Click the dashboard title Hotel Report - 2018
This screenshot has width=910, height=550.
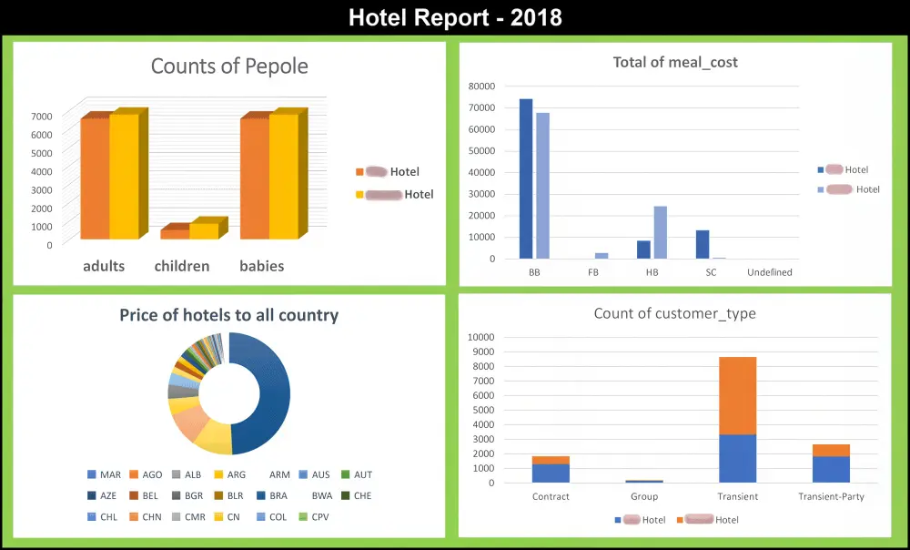[455, 16]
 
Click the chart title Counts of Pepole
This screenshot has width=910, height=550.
[229, 66]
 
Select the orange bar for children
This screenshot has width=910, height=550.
[174, 234]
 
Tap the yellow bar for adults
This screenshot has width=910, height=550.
[124, 178]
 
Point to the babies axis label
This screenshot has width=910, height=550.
[262, 267]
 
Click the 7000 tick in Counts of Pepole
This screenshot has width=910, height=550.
[41, 116]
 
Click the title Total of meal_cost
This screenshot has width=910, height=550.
[675, 63]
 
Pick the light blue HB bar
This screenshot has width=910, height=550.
[661, 232]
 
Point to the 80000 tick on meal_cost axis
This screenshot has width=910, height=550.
[482, 86]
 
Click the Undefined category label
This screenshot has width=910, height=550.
[770, 272]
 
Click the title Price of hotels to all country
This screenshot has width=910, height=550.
[229, 316]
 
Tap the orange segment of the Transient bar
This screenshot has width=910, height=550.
[737, 395]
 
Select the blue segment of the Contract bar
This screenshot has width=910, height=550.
[551, 474]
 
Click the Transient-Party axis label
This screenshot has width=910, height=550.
[831, 497]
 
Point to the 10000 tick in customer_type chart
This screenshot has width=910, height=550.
[480, 337]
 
